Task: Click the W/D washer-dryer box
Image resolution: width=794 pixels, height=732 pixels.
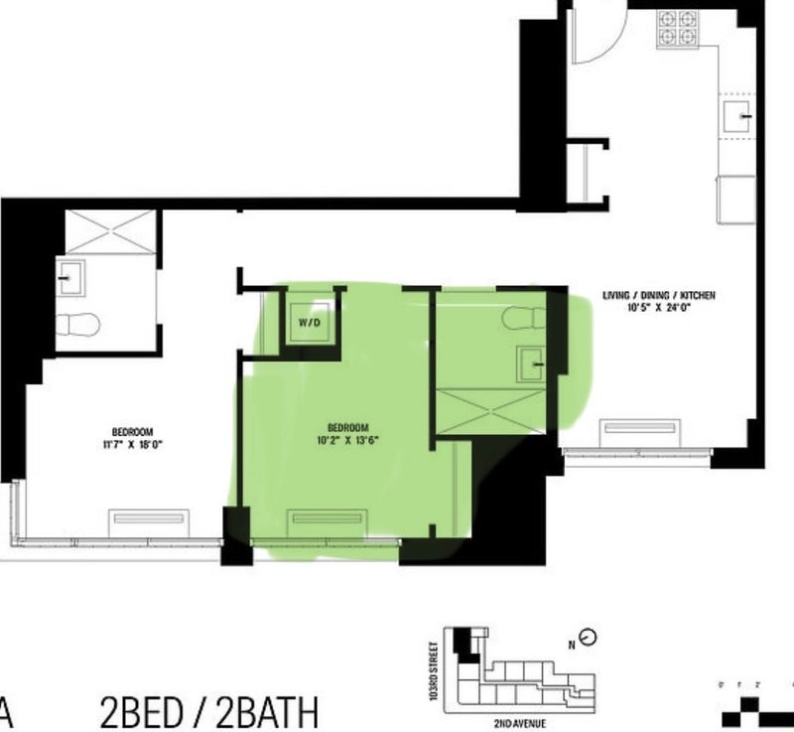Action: point(310,322)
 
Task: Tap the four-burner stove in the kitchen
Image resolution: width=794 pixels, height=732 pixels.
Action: point(678,30)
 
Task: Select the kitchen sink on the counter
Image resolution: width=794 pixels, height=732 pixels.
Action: point(736,116)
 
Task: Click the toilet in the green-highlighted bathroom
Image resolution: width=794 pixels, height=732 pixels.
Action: point(524,318)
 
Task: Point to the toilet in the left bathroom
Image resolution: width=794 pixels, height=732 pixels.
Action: point(77,325)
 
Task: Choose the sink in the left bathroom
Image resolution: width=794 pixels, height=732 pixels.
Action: point(70,278)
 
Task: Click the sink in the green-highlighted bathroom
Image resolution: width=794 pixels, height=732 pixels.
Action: point(531,364)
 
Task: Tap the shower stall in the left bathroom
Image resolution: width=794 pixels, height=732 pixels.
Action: point(111,232)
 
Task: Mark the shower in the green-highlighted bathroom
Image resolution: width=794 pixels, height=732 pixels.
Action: point(490,411)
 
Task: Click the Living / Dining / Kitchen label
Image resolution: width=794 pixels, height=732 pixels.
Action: point(659,295)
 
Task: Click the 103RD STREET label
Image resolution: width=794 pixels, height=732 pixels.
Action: point(433,671)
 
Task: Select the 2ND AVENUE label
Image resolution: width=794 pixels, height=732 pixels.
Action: point(520,723)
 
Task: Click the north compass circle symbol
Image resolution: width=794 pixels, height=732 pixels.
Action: point(588,638)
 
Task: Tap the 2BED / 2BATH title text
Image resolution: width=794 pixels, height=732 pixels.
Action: point(209,712)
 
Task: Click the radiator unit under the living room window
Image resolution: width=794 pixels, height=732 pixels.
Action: point(640,433)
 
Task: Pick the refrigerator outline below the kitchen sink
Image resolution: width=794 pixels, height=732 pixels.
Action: point(735,200)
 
